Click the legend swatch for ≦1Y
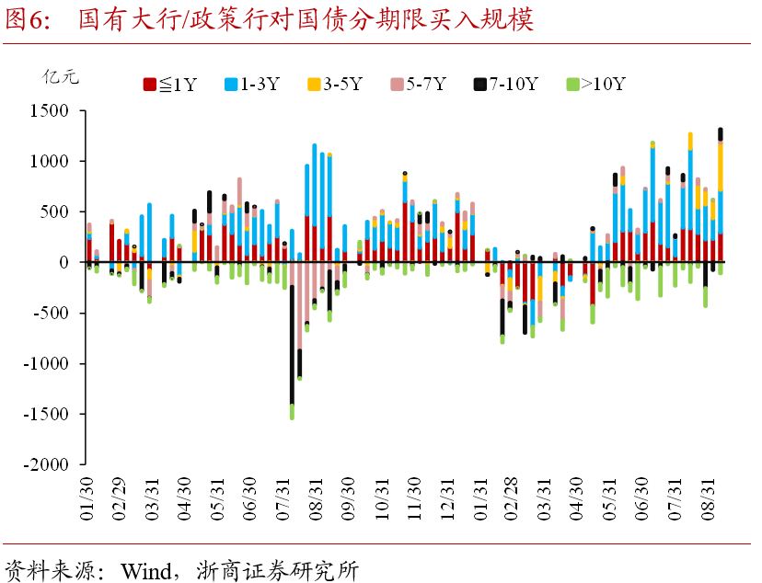148,85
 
